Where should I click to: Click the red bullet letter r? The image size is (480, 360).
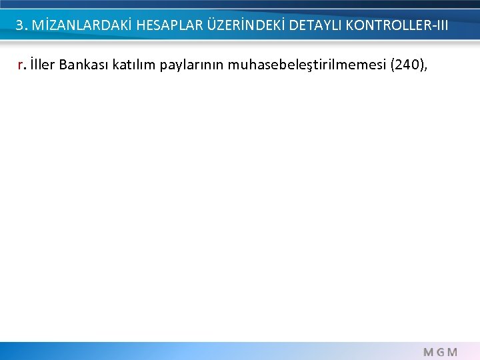coord(23,65)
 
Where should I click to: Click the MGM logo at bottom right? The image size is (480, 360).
coord(439,351)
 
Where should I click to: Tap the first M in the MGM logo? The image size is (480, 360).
coord(426,351)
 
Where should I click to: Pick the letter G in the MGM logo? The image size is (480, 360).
coord(439,351)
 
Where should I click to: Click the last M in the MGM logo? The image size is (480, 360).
coord(452,351)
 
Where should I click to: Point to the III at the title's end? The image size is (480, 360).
coord(440,26)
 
